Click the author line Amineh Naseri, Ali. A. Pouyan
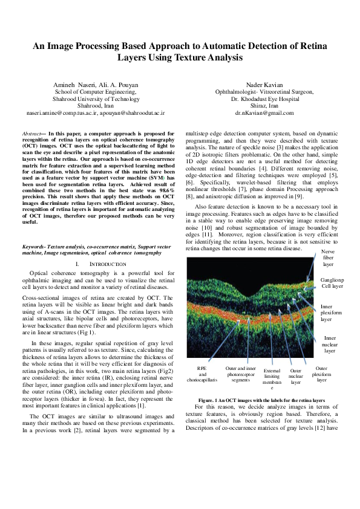click(x=96, y=84)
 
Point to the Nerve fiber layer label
click(x=327, y=258)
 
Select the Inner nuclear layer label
click(x=330, y=344)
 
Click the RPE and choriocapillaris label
click(x=202, y=374)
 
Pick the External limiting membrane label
click(x=272, y=378)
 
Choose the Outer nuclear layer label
click(x=296, y=375)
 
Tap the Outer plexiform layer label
click(x=321, y=374)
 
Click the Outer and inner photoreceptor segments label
click(x=240, y=374)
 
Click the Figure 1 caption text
click(x=261, y=400)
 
